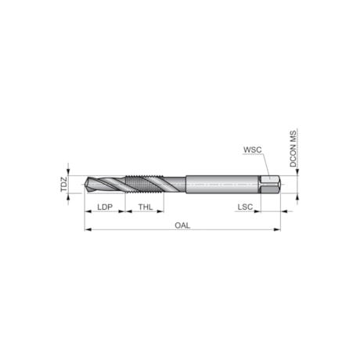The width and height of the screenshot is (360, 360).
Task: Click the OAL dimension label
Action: pyautogui.click(x=183, y=225)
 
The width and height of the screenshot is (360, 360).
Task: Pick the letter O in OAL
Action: pyautogui.click(x=177, y=225)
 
